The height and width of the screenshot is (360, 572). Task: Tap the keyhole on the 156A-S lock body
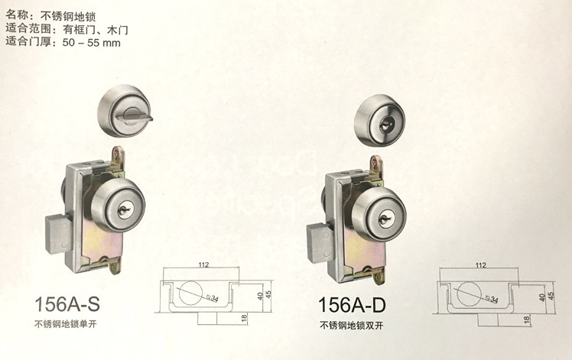[124, 208]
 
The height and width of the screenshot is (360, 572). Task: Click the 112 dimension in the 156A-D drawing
[480, 266]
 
